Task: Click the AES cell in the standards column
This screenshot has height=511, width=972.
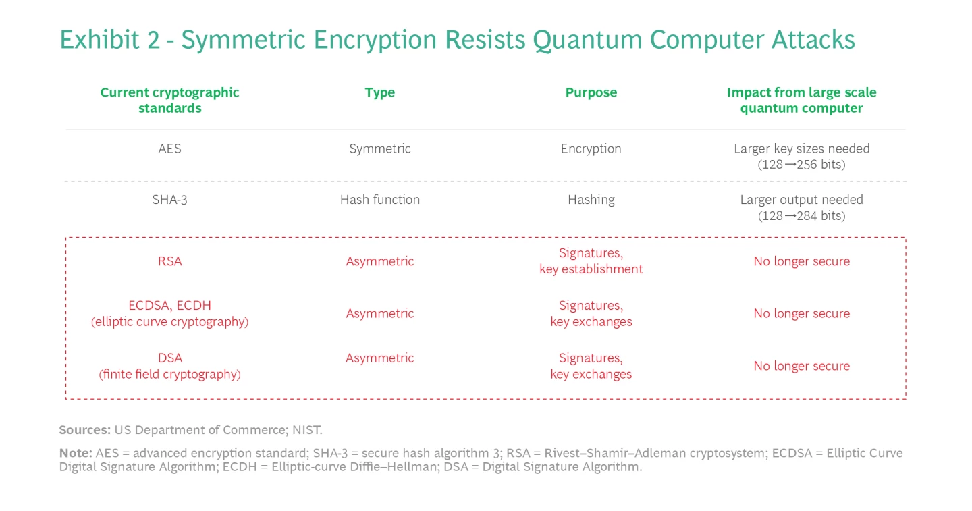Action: click(169, 149)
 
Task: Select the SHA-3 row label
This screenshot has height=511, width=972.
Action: click(169, 200)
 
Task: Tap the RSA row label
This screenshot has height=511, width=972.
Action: click(169, 261)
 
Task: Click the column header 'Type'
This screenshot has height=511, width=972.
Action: click(379, 92)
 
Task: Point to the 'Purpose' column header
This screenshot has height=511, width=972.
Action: click(591, 92)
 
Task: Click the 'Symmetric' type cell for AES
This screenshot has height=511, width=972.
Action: click(379, 149)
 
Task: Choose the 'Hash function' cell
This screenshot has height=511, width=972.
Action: click(379, 200)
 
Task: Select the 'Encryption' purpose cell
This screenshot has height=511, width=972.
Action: click(591, 149)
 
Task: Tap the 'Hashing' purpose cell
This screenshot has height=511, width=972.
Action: click(591, 200)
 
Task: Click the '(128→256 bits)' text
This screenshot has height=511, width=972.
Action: click(801, 165)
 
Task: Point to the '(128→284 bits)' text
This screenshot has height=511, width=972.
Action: click(801, 216)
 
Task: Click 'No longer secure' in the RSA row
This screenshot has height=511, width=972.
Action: click(801, 261)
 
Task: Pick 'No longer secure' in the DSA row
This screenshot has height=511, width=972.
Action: click(801, 366)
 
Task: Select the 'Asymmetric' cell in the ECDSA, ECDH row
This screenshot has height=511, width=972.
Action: click(379, 313)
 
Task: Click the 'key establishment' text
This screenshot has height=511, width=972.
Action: click(591, 269)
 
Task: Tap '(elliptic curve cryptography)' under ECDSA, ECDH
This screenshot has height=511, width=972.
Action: click(169, 322)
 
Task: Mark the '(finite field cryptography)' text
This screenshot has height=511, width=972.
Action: click(169, 374)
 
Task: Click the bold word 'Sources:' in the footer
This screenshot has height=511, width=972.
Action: click(85, 430)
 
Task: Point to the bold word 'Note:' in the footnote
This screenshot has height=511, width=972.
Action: click(76, 452)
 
